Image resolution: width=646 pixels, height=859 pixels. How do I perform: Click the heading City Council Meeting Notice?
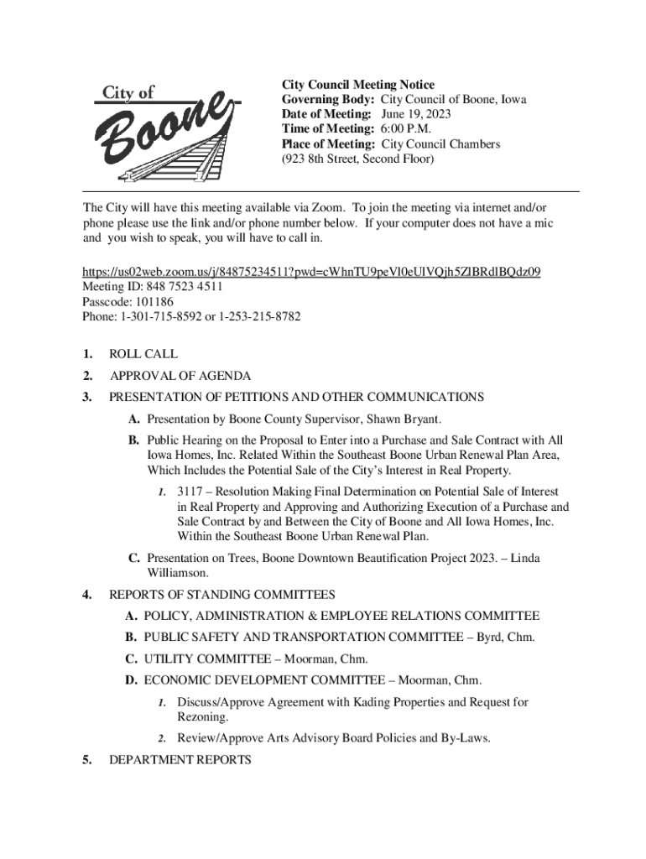[x=357, y=85]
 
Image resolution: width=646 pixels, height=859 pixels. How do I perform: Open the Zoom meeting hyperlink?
[x=310, y=271]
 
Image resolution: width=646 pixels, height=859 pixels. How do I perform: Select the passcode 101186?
[x=153, y=301]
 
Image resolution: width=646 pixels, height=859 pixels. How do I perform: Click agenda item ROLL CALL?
[x=143, y=355]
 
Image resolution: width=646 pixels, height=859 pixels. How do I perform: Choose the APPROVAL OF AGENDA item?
[x=180, y=377]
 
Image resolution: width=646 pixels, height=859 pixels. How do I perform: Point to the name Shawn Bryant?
[x=403, y=419]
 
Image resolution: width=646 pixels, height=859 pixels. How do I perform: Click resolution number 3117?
[x=190, y=492]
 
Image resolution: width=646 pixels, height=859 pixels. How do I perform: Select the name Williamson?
[x=178, y=573]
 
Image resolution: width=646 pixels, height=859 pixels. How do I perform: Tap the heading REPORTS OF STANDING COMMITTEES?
[x=222, y=596]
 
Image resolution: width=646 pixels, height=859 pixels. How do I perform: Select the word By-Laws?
[x=464, y=738]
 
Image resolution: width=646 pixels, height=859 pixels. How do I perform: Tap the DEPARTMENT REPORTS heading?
[x=180, y=760]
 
